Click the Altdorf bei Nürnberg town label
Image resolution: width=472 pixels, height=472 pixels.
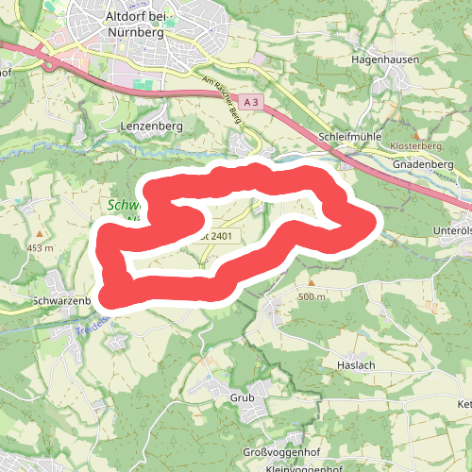pyautogui.click(x=137, y=24)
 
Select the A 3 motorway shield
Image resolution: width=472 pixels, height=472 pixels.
pyautogui.click(x=249, y=101)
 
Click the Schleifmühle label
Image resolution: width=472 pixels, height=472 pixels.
pyautogui.click(x=350, y=137)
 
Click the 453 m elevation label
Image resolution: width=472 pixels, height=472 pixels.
pyautogui.click(x=41, y=248)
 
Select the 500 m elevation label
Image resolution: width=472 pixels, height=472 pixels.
pyautogui.click(x=312, y=297)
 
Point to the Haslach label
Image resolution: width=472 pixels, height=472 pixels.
pyautogui.click(x=357, y=364)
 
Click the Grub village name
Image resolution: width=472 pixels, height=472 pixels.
pyautogui.click(x=243, y=398)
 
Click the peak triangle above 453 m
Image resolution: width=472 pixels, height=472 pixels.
pyautogui.click(x=40, y=233)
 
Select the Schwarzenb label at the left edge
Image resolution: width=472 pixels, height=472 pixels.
pyautogui.click(x=59, y=301)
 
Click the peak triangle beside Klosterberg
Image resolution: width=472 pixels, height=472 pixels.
pyautogui.click(x=415, y=136)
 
